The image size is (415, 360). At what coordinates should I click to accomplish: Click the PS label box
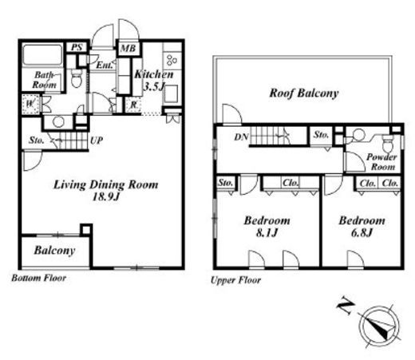(77, 48)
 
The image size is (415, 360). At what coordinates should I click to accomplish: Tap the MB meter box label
(128, 49)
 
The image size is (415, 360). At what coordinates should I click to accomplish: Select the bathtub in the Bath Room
(42, 54)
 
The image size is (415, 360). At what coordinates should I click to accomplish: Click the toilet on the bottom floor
(77, 77)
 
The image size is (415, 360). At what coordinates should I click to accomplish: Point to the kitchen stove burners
(172, 61)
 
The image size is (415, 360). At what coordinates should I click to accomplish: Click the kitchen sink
(172, 93)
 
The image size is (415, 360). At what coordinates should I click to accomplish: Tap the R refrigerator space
(133, 105)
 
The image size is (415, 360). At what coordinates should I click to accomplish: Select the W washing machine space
(30, 104)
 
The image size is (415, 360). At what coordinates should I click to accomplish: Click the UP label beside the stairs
(97, 140)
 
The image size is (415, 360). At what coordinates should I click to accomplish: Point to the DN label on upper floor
(241, 136)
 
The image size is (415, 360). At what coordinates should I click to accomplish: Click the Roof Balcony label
(304, 93)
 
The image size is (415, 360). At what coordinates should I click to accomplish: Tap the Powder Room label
(382, 162)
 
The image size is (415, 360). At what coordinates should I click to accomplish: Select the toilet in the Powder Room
(388, 143)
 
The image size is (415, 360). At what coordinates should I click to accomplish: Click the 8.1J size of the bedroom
(267, 233)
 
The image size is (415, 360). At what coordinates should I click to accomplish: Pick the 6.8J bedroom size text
(362, 233)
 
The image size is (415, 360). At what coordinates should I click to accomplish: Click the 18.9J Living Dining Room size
(106, 196)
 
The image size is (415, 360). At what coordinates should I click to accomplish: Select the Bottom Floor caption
(39, 278)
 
